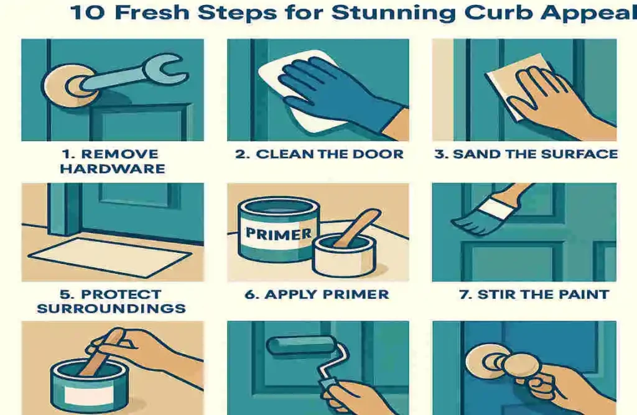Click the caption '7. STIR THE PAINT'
534,294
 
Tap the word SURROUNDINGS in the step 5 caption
111,309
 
